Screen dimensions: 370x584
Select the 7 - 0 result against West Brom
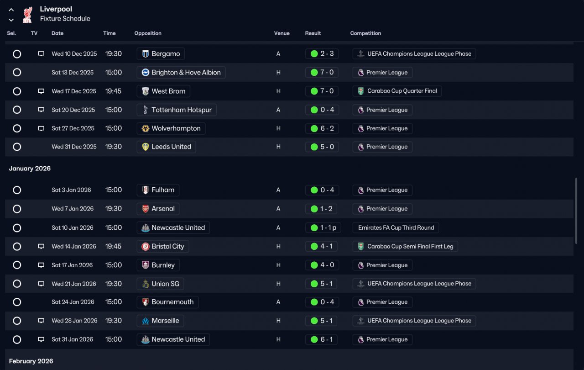322,91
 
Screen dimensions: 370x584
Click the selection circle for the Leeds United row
17,147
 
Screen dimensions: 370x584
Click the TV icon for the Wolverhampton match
41,128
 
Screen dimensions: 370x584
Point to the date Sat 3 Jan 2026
71,190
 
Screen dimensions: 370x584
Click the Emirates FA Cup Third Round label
396,227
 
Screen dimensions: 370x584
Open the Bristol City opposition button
163,247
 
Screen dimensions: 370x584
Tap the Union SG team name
160,284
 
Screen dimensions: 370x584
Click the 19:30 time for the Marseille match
113,321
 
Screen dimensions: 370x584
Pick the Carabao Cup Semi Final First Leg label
405,247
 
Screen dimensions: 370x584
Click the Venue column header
282,33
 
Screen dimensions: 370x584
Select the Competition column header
365,33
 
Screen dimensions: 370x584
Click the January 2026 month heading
30,169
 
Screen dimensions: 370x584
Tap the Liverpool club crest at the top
27,14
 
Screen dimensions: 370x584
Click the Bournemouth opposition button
167,302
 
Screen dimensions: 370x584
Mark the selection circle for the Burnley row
17,265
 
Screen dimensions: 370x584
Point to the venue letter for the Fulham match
278,190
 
